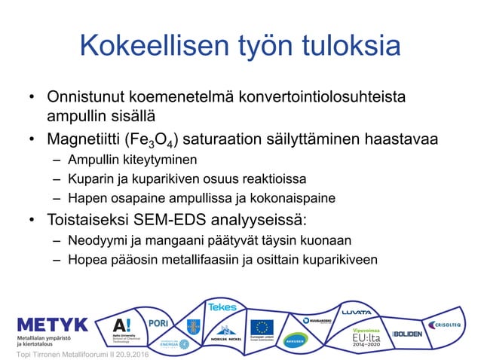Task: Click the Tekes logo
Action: pyautogui.click(x=222, y=307)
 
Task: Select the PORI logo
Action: pyautogui.click(x=158, y=322)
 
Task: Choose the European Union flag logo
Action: pyautogui.click(x=262, y=327)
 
